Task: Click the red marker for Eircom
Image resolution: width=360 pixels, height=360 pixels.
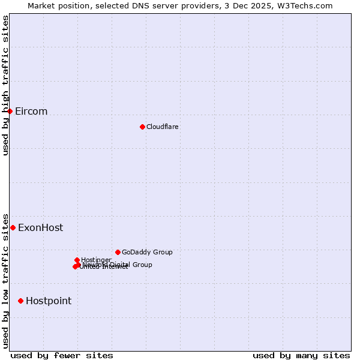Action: point(10,112)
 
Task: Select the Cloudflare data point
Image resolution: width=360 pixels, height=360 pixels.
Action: point(142,127)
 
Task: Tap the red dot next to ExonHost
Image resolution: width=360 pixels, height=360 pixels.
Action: point(13,228)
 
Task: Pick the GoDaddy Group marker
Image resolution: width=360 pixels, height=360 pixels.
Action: point(118,252)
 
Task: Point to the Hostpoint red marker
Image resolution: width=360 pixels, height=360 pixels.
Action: point(20,301)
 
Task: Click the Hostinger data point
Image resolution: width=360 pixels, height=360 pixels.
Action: point(77,260)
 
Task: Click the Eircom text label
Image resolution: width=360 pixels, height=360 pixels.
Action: point(31,112)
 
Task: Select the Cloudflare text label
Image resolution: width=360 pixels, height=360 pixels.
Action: point(163,127)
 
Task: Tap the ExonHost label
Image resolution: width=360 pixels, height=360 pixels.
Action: point(40,228)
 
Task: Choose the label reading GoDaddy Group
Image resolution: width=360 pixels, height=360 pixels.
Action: point(147,252)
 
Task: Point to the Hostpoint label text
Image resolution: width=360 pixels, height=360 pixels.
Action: point(49,301)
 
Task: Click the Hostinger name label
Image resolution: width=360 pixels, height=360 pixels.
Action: point(96,260)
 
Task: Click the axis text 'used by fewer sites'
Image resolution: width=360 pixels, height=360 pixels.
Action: point(62,355)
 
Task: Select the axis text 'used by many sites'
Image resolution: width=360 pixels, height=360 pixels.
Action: point(301,355)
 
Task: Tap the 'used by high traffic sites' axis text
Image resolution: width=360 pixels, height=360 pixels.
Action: point(5,85)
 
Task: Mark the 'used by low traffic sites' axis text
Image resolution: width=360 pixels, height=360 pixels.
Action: point(5,280)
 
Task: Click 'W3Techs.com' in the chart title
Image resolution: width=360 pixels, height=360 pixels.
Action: point(310,5)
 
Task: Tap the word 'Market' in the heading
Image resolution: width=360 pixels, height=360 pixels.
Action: point(42,5)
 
